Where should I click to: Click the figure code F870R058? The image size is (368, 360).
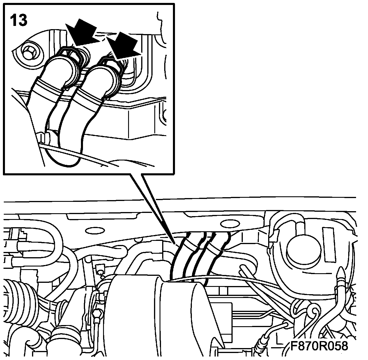[319, 346]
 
